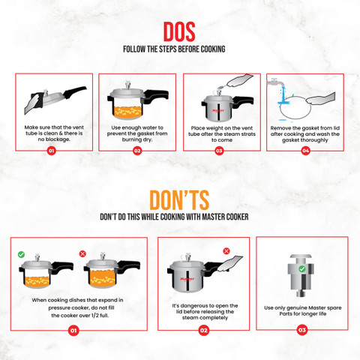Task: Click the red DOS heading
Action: click(x=179, y=31)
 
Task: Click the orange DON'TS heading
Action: click(x=179, y=200)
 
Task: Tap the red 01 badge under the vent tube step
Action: click(x=51, y=151)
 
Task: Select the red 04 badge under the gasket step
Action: click(x=305, y=151)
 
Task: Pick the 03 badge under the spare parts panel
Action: click(x=302, y=330)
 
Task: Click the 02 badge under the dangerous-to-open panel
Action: click(x=204, y=331)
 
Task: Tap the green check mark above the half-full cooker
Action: click(x=21, y=254)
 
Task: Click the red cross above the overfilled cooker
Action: click(x=82, y=253)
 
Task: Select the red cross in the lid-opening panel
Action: click(x=226, y=250)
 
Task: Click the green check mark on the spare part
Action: click(x=302, y=269)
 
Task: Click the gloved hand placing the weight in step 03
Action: click(x=239, y=80)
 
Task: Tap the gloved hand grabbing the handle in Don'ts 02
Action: click(x=230, y=264)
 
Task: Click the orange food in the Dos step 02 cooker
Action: click(x=127, y=112)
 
